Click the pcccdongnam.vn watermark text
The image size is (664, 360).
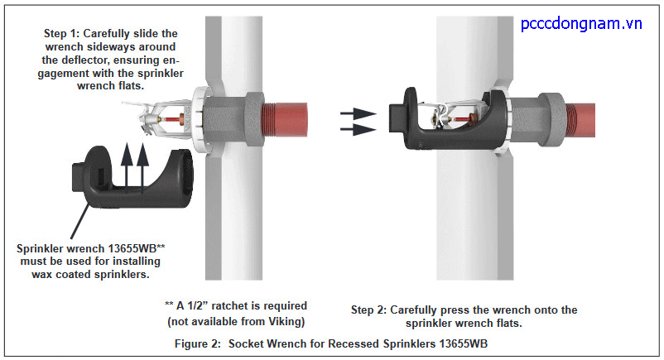[581, 24]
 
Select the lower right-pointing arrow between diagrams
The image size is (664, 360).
[358, 129]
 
